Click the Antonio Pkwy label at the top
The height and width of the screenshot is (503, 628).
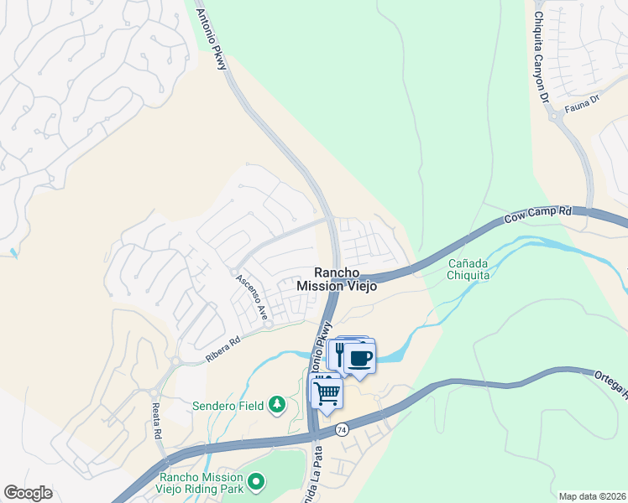coord(212,39)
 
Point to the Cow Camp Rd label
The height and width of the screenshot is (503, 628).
coord(537,218)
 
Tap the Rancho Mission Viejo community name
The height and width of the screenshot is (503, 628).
coord(336,279)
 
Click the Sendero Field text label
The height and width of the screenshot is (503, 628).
coord(227,406)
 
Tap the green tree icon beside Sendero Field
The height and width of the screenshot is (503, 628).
coord(277,406)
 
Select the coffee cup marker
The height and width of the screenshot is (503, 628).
coord(359,358)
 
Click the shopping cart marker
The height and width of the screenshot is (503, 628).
coord(327,392)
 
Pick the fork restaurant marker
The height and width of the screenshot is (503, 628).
coord(340,353)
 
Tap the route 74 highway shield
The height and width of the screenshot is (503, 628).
coord(341,429)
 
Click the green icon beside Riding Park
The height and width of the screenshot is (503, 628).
coord(257,482)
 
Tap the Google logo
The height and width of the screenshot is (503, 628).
coord(29,493)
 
